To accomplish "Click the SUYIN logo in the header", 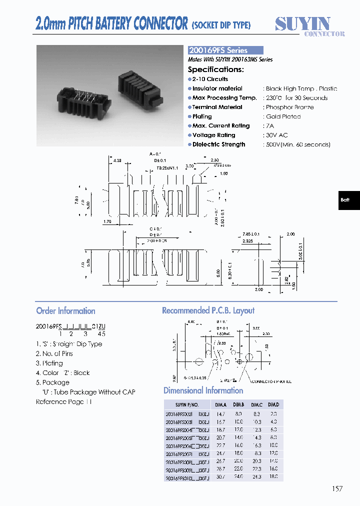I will click(x=303, y=25).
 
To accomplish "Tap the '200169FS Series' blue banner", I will click(x=225, y=50).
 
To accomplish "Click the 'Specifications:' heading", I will click(x=215, y=69).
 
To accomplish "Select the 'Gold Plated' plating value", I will click(x=283, y=116).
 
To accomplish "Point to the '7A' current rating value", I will click(x=270, y=126).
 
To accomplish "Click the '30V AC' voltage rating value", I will click(x=277, y=135).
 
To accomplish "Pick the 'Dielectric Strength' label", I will click(x=218, y=144).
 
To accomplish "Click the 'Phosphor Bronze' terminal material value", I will click(x=289, y=107).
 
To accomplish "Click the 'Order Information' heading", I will click(x=65, y=310).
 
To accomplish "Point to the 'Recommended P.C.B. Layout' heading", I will click(x=208, y=310).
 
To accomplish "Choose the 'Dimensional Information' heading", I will click(x=203, y=390).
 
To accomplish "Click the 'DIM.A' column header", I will click(x=220, y=404).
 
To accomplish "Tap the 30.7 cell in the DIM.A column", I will click(x=220, y=478).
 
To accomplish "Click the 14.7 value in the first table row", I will click(x=220, y=414).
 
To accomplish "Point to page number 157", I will click(x=337, y=488).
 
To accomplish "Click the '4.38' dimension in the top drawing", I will click(x=117, y=160).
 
